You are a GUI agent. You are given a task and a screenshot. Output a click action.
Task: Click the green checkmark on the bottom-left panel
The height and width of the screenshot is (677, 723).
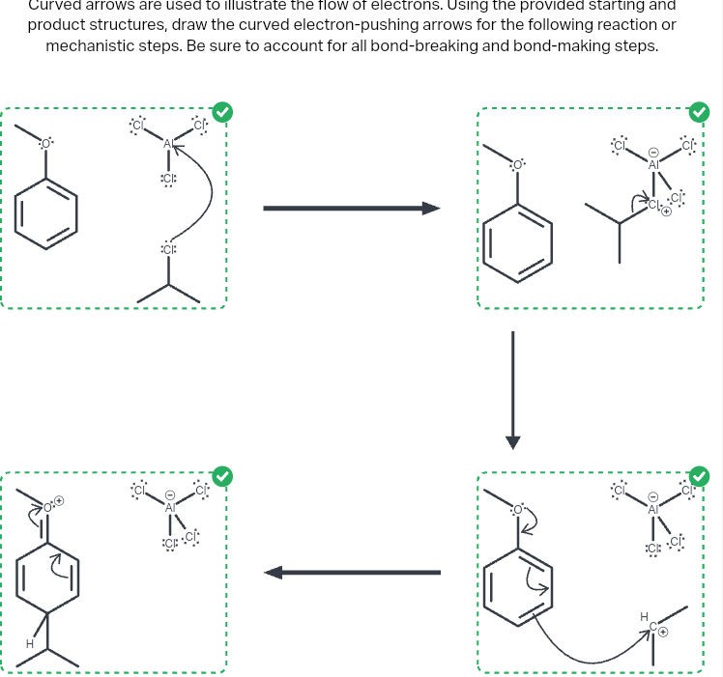(x=222, y=475)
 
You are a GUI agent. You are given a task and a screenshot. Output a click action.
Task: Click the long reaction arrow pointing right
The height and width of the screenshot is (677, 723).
(x=351, y=208)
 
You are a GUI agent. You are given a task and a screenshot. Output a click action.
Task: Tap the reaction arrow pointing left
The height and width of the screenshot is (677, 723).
(x=353, y=573)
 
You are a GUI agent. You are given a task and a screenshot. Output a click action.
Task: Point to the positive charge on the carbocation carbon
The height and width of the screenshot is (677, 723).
(x=664, y=632)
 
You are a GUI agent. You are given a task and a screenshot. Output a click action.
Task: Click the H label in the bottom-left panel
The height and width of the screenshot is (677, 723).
(x=30, y=641)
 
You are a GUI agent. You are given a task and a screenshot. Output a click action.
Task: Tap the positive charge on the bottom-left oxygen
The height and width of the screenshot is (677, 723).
(x=59, y=500)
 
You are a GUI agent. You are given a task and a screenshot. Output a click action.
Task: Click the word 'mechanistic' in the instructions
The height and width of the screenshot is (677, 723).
(x=91, y=46)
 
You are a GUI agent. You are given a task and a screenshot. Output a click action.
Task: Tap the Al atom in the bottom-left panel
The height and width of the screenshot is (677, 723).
(x=170, y=506)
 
